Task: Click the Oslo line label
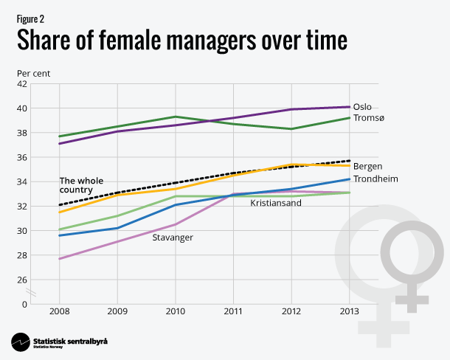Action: click(362, 107)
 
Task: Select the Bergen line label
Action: click(367, 166)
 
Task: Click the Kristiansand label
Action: click(276, 203)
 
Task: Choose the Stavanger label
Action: click(173, 238)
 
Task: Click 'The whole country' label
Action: click(81, 185)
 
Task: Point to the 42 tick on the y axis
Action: click(23, 84)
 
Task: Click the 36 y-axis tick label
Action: click(23, 157)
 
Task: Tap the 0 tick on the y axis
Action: click(25, 304)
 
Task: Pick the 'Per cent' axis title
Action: click(34, 73)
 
